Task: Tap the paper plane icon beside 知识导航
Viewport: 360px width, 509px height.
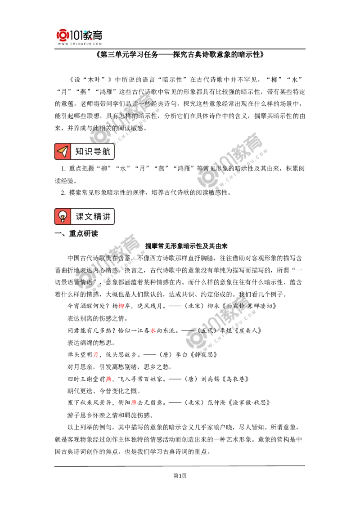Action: click(x=63, y=151)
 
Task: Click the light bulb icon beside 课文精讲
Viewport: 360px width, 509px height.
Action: click(x=63, y=217)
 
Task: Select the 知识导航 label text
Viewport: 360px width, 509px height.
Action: click(x=93, y=151)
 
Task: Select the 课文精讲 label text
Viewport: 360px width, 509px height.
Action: click(x=93, y=217)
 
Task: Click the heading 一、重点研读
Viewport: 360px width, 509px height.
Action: click(x=76, y=233)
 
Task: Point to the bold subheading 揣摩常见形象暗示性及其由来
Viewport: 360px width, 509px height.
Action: click(x=186, y=246)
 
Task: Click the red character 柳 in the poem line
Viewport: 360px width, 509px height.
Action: click(x=121, y=306)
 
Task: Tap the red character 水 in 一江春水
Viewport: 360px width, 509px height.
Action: click(x=153, y=330)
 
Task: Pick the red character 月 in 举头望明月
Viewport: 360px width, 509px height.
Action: click(x=95, y=355)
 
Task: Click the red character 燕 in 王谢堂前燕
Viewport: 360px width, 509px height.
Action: click(x=108, y=379)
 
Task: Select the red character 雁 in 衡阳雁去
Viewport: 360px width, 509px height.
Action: click(x=134, y=403)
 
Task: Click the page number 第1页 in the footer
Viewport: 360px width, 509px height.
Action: click(x=180, y=476)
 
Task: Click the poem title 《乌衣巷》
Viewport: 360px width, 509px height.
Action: click(x=235, y=379)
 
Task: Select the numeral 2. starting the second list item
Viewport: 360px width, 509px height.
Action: click(x=63, y=193)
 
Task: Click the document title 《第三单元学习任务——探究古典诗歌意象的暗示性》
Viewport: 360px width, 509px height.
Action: click(x=180, y=54)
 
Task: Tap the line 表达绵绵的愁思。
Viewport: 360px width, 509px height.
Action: click(x=91, y=343)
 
